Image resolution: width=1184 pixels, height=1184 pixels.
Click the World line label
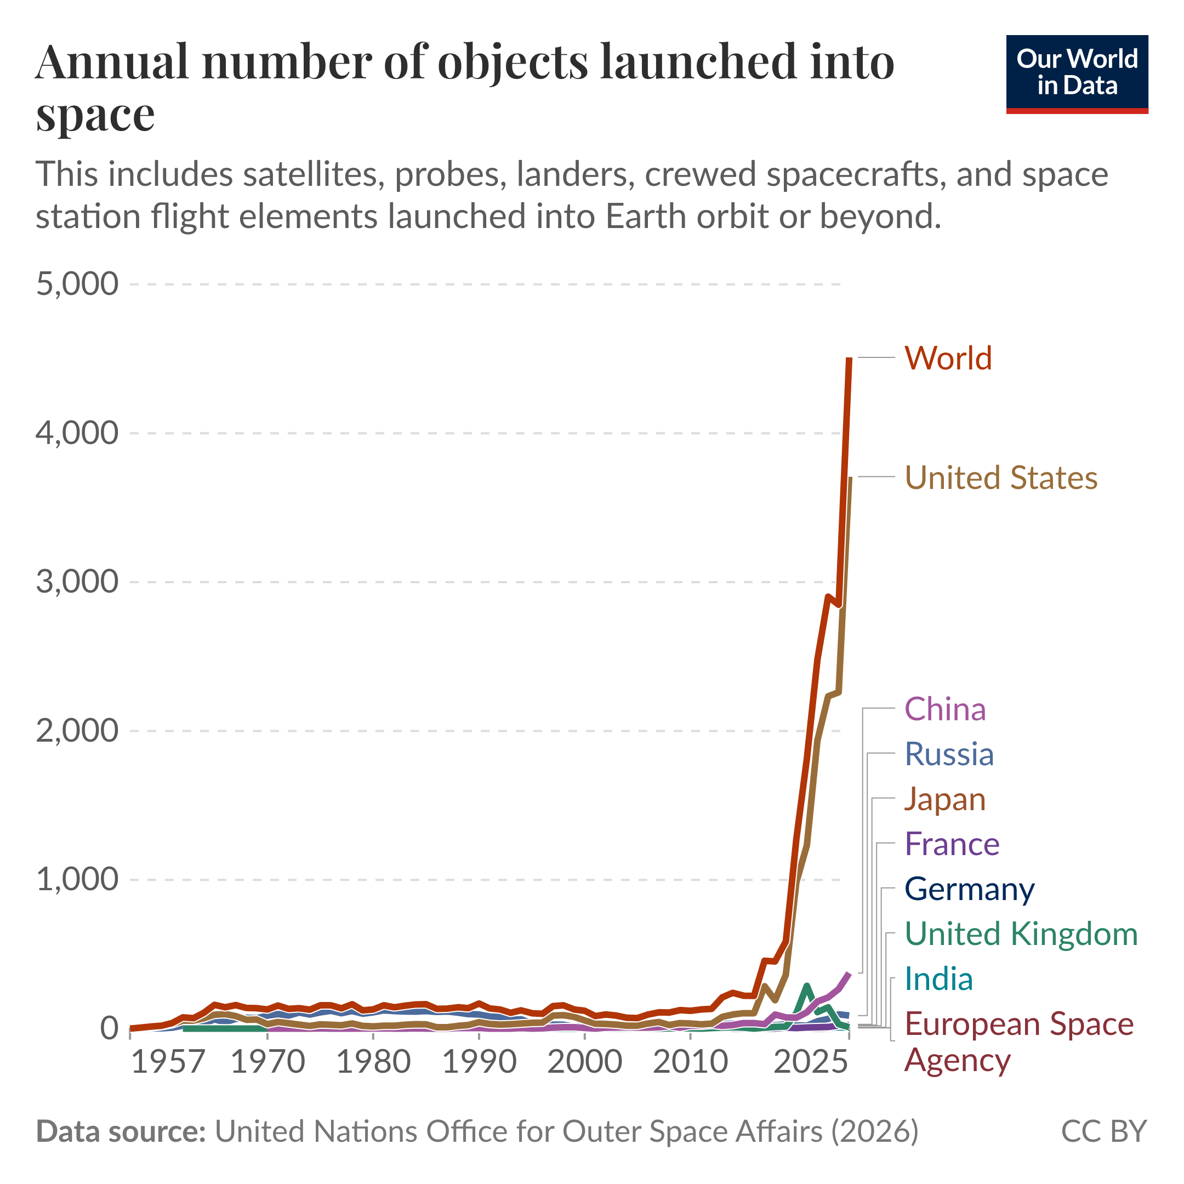click(x=947, y=358)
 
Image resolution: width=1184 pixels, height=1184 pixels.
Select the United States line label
click(x=1001, y=477)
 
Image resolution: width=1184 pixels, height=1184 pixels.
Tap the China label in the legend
click(x=945, y=709)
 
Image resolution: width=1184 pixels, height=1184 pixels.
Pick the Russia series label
click(x=949, y=754)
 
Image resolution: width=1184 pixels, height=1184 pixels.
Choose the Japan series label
click(x=945, y=799)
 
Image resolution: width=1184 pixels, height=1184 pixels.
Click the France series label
click(x=952, y=844)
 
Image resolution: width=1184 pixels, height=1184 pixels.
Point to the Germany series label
click(x=970, y=889)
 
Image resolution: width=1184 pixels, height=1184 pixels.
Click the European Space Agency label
click(x=1018, y=1042)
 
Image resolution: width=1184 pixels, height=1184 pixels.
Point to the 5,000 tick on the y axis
click(x=77, y=284)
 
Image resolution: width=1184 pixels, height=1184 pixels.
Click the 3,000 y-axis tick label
click(x=77, y=582)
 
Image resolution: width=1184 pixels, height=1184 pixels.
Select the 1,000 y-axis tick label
click(x=77, y=879)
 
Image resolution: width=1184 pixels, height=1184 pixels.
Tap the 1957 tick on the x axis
click(x=168, y=1061)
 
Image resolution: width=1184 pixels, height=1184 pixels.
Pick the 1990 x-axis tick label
click(x=479, y=1061)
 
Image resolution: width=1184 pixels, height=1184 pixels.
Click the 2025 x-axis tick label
click(x=810, y=1061)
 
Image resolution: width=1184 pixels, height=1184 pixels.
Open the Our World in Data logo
click(x=1077, y=74)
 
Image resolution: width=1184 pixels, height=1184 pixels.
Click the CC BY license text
click(x=1103, y=1131)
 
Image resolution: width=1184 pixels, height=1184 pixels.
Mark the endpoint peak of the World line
click(x=849, y=359)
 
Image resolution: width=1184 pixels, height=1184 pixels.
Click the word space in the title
click(x=95, y=115)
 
